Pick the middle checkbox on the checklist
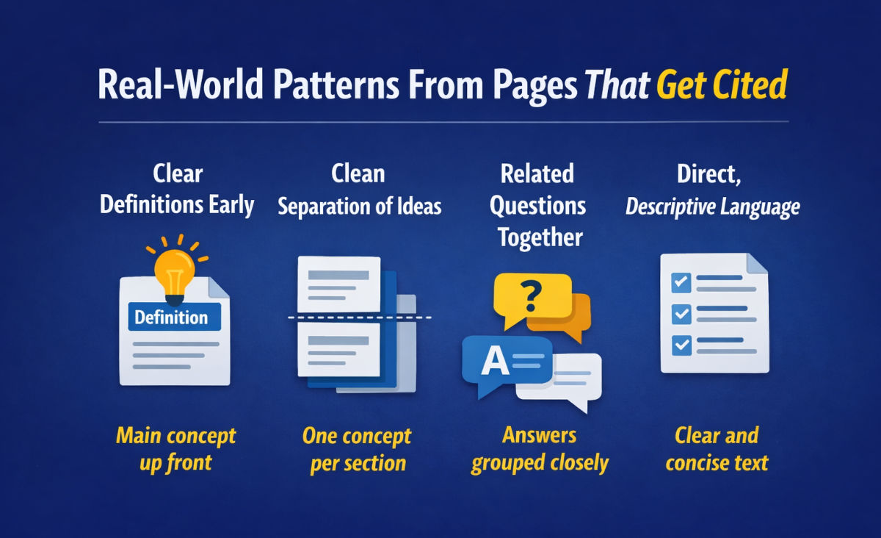(681, 314)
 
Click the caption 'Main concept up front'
(175, 449)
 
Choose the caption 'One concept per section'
(357, 449)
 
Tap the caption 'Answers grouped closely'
(540, 449)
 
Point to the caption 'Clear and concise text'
(717, 449)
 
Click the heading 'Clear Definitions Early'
(177, 190)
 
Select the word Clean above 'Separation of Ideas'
(358, 174)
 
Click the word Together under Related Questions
(539, 237)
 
